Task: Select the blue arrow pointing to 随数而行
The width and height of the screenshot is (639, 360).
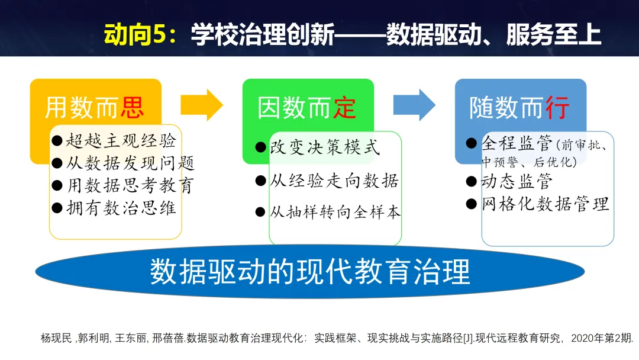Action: click(414, 105)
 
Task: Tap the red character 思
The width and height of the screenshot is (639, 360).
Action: click(133, 108)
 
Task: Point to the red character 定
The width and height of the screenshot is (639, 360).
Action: click(345, 108)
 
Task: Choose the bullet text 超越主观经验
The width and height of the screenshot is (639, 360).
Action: click(121, 141)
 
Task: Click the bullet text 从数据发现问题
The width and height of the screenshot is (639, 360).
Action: click(130, 163)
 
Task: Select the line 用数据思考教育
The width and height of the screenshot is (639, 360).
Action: click(130, 185)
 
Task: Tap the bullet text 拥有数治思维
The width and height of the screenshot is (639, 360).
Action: click(121, 208)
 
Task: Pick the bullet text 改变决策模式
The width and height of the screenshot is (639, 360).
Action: click(325, 147)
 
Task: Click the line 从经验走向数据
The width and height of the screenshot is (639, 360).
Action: click(334, 181)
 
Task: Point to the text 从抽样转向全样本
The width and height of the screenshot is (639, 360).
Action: click(335, 212)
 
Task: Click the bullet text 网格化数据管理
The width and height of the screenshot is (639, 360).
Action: click(545, 204)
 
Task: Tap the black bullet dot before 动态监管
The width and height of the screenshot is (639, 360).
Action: click(472, 181)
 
